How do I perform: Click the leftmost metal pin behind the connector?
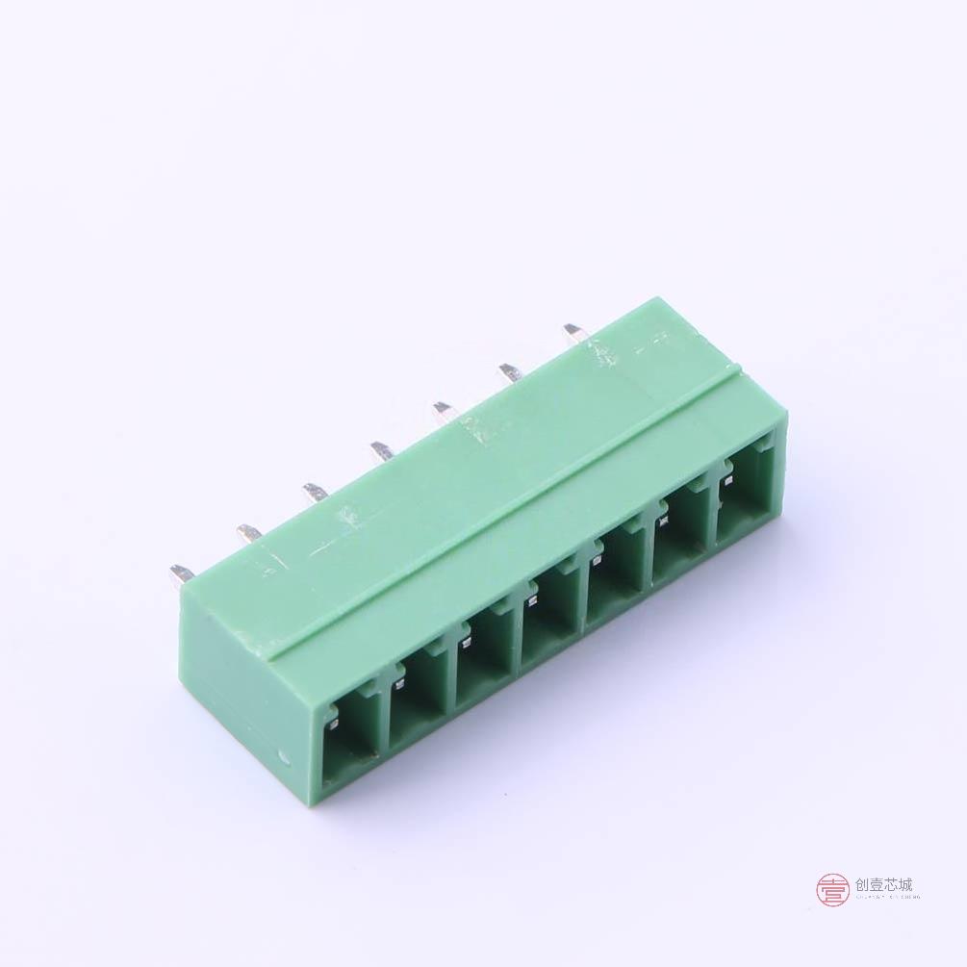tap(181, 575)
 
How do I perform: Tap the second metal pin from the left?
tap(248, 532)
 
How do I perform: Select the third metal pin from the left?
tap(315, 492)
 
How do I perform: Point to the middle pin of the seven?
tap(379, 449)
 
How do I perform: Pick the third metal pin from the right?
tap(444, 411)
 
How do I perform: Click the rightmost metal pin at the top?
tap(573, 332)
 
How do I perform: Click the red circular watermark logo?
tap(832, 889)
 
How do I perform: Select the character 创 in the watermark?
tap(861, 885)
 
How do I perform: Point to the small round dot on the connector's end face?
tap(283, 757)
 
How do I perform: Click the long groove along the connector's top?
tap(500, 510)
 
